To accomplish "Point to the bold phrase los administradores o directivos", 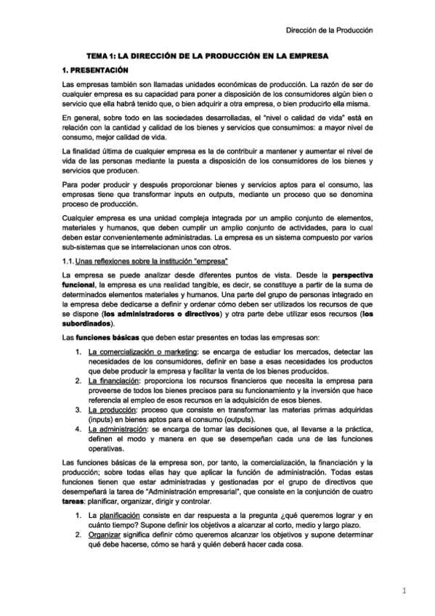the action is [184, 314].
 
